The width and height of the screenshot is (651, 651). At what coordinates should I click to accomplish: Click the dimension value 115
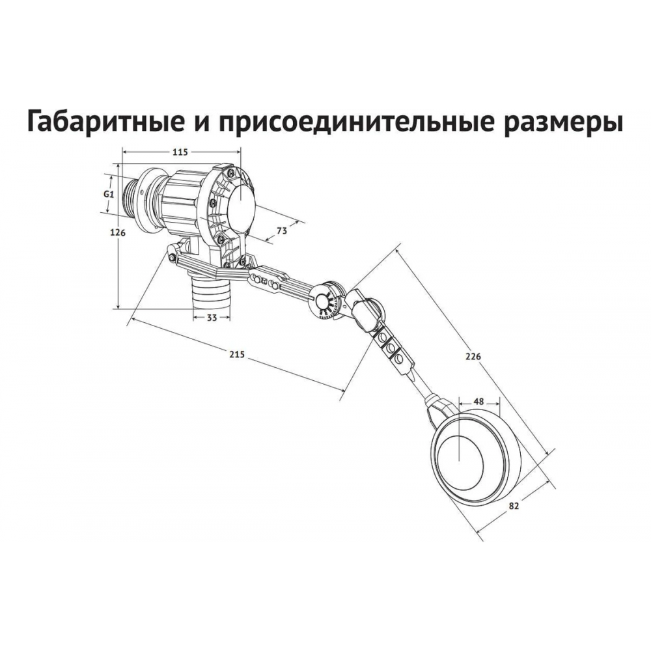(x=180, y=152)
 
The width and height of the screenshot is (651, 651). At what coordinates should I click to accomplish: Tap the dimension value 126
(x=117, y=233)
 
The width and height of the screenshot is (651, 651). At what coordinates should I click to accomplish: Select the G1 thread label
(x=108, y=193)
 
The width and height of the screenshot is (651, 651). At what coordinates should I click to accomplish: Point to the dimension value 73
(x=282, y=231)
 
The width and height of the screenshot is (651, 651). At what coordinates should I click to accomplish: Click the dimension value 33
(x=212, y=318)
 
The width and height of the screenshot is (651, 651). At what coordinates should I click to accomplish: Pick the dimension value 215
(x=237, y=354)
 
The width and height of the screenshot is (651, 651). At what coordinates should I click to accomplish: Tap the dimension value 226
(x=473, y=356)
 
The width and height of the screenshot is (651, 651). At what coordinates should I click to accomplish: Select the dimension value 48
(x=478, y=402)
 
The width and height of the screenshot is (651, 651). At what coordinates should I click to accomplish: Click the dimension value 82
(x=514, y=506)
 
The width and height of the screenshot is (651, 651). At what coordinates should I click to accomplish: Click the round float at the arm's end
(x=475, y=457)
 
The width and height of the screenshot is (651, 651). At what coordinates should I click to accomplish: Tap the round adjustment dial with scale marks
(x=328, y=301)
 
